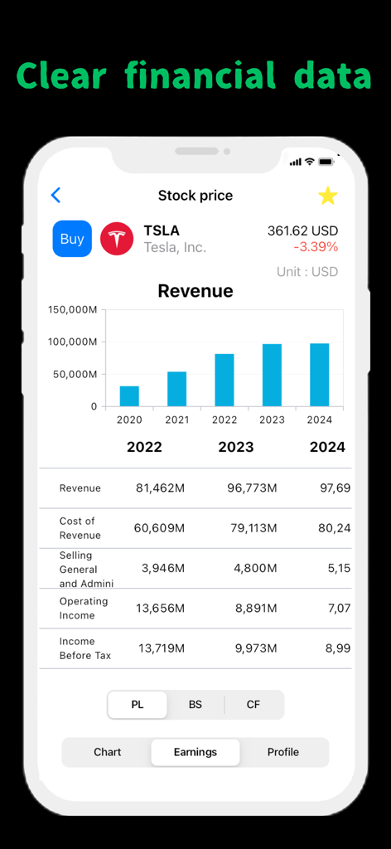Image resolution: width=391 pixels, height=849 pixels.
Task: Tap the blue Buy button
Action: [x=72, y=239]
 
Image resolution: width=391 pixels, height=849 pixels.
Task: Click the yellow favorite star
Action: [x=328, y=196]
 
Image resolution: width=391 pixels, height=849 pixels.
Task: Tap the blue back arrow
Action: [x=56, y=195]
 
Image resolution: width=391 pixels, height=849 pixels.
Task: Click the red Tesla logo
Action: [x=117, y=239]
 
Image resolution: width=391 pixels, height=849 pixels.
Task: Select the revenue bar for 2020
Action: [x=129, y=395]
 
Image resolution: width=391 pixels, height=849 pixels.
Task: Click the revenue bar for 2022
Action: [x=224, y=380]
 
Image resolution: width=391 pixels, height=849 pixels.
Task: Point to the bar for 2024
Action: [x=319, y=375]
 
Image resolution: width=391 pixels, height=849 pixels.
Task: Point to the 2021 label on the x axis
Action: [x=176, y=420]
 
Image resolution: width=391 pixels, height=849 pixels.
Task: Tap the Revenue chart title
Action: [x=195, y=291]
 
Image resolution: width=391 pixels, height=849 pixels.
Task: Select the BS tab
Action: [x=195, y=705]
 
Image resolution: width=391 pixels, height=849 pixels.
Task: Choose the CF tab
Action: [x=253, y=705]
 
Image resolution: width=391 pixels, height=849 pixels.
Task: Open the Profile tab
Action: [x=283, y=752]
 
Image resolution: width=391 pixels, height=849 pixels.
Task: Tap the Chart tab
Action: [x=108, y=752]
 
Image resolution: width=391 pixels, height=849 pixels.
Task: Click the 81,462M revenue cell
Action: [x=161, y=488]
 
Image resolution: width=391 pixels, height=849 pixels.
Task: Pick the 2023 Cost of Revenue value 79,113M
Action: [x=252, y=528]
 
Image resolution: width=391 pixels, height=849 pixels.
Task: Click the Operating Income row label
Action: [x=84, y=609]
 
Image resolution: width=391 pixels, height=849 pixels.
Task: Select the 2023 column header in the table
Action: [x=236, y=448]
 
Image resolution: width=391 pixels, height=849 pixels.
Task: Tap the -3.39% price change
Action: [x=316, y=247]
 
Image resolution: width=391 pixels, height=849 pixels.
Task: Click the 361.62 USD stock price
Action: [x=302, y=231]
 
